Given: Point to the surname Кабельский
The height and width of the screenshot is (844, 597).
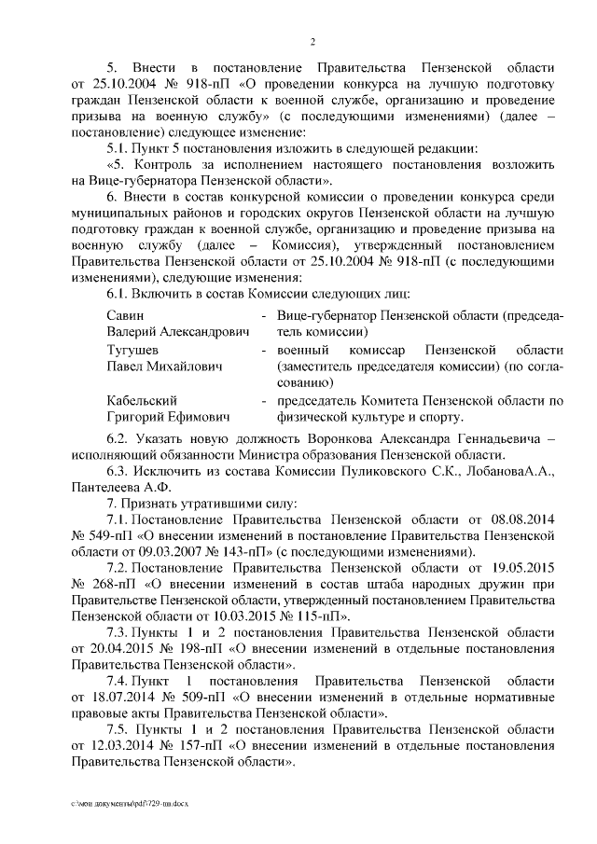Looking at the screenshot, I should [x=143, y=400].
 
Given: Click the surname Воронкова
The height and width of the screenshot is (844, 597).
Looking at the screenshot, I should [x=332, y=438].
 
